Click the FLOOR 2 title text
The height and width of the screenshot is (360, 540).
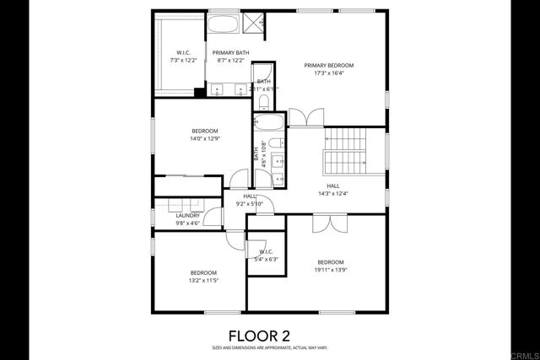point(269,335)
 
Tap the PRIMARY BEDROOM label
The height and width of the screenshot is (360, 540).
point(328,66)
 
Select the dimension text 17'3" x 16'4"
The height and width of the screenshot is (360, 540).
point(328,73)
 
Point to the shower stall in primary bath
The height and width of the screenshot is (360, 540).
point(252,23)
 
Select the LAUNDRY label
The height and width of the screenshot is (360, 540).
point(187,215)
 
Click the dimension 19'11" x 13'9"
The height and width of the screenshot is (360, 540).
point(330,269)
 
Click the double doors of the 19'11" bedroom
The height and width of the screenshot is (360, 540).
point(330,223)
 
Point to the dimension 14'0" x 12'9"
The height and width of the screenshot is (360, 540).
point(204,138)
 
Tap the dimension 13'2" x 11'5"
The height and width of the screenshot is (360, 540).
point(203,280)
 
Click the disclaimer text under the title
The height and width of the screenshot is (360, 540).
point(269,347)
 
